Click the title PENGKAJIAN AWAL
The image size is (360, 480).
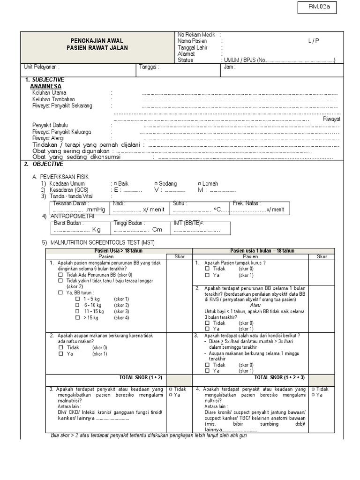click(x=97, y=41)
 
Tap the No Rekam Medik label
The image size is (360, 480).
click(x=196, y=35)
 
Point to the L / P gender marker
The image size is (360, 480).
click(x=314, y=41)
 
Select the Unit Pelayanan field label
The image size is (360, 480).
click(x=43, y=67)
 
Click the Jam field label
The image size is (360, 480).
click(x=230, y=67)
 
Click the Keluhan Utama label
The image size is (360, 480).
click(x=49, y=93)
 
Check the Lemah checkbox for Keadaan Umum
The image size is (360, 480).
click(x=200, y=184)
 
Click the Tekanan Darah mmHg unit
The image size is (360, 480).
click(x=96, y=210)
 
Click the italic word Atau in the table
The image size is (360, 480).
click(x=255, y=305)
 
